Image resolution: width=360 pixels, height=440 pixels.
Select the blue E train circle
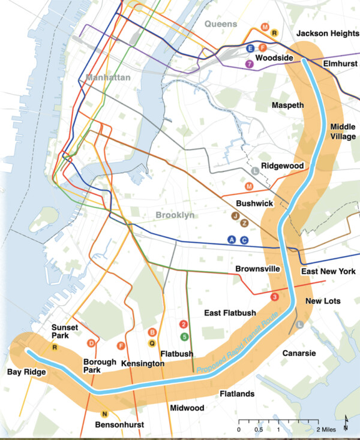pos(251,48)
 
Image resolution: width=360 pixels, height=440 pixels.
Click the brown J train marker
pos(236,215)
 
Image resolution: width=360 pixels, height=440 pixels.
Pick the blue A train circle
pos(232,240)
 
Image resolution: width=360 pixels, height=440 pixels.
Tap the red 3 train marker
pos(275,297)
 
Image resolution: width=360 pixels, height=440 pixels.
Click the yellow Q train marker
pos(152,343)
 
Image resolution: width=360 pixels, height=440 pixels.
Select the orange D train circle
pos(91,343)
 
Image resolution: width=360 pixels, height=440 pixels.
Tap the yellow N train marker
pos(104,414)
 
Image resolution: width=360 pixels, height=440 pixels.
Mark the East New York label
pos(329,272)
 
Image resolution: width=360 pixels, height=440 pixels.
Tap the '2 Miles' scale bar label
pos(326,429)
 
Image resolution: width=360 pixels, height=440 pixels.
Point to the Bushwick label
pos(254,204)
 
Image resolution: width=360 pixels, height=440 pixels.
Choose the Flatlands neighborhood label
pos(236,394)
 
